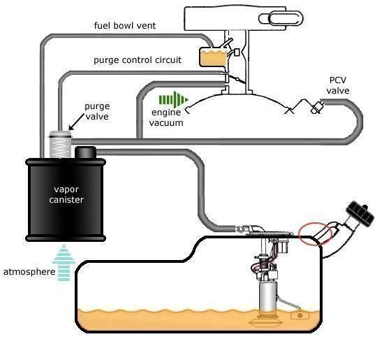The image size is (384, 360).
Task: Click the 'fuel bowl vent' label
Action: pyautogui.click(x=125, y=25)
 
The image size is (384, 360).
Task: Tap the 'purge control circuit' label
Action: pyautogui.click(x=138, y=60)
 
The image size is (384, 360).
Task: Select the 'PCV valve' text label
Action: pyautogui.click(x=338, y=85)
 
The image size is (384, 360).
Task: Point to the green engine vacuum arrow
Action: pyautogui.click(x=174, y=99)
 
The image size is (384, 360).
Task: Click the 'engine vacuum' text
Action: pyautogui.click(x=166, y=117)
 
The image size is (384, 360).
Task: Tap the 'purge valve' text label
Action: pyautogui.click(x=97, y=111)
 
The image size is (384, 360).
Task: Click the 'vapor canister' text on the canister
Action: pyautogui.click(x=66, y=194)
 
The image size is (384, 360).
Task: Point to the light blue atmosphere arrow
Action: pyautogui.click(x=64, y=262)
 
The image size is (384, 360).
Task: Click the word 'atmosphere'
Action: pyautogui.click(x=29, y=272)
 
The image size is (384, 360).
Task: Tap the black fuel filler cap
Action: pyautogui.click(x=360, y=213)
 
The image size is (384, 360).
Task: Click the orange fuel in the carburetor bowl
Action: pyautogui.click(x=213, y=57)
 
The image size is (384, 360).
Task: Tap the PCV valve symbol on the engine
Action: pyautogui.click(x=317, y=107)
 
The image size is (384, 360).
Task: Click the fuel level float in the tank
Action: pyautogui.click(x=300, y=315)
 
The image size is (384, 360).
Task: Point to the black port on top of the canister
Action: pyautogui.click(x=85, y=152)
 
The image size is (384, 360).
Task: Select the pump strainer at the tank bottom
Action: pyautogui.click(x=265, y=322)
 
